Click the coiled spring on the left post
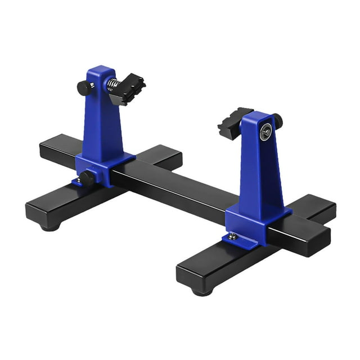point(112,86)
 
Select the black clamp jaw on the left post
point(128,89)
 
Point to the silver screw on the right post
point(265,133)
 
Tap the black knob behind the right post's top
point(277,120)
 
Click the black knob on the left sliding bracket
point(87,178)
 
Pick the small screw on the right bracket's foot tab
point(232,237)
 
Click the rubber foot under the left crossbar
point(50,227)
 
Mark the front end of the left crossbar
point(42,211)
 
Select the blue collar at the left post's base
point(107,167)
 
